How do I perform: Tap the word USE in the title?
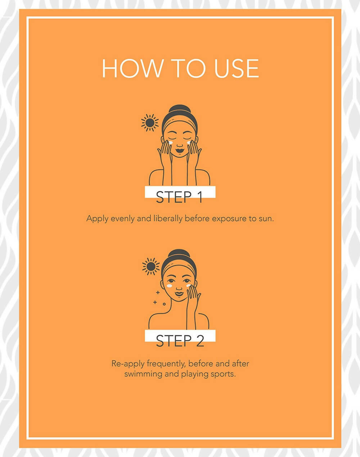tap(237, 68)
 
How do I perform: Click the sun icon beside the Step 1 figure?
tap(150, 123)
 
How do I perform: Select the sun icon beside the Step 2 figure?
tap(151, 267)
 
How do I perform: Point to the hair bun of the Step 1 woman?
tap(180, 109)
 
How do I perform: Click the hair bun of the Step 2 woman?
tap(179, 254)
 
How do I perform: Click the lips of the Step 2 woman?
tap(179, 294)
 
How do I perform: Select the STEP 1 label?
tap(179, 197)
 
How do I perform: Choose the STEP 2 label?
tap(180, 341)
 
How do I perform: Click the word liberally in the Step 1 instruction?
tap(168, 219)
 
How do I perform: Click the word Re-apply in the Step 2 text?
tap(128, 364)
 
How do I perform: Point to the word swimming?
tap(143, 374)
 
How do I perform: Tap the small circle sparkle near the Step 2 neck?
tap(164, 304)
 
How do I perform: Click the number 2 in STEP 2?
tap(200, 341)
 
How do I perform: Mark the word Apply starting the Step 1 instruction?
tap(97, 219)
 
